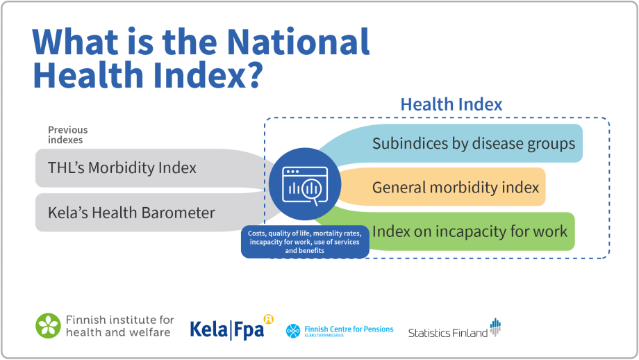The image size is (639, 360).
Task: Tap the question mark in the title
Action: pyautogui.click(x=252, y=75)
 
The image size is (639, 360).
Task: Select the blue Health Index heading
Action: pyautogui.click(x=451, y=104)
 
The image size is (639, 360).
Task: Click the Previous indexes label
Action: pyautogui.click(x=67, y=135)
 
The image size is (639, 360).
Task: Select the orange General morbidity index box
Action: pyautogui.click(x=455, y=188)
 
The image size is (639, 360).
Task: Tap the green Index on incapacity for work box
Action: pyautogui.click(x=470, y=231)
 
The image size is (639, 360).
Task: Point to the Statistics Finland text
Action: pyautogui.click(x=447, y=333)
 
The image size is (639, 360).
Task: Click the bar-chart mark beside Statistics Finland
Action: pyautogui.click(x=495, y=327)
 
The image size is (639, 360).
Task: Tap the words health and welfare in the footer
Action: pyautogui.click(x=118, y=332)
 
